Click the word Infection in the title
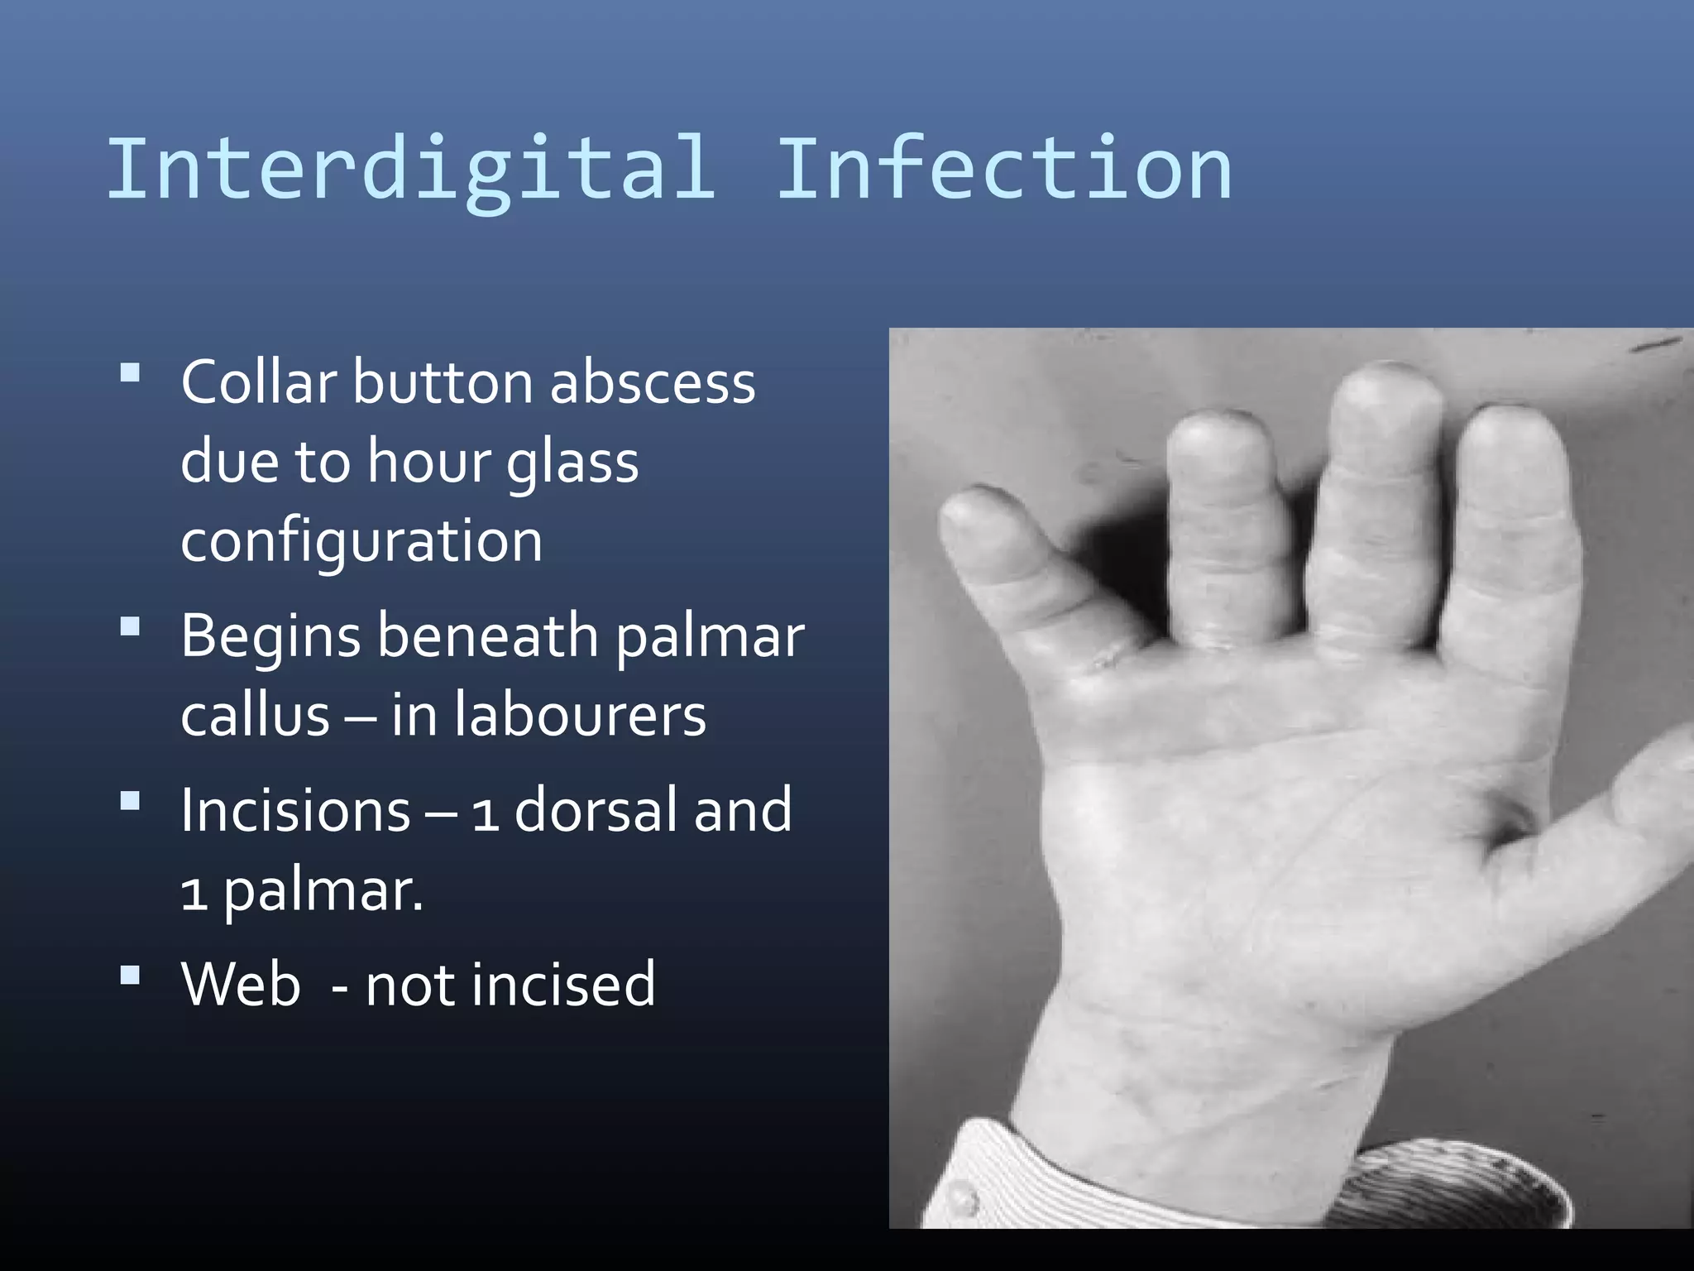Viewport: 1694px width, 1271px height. click(1003, 170)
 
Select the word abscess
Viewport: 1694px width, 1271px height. click(653, 382)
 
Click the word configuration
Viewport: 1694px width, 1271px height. click(361, 540)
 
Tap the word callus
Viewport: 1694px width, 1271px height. click(256, 715)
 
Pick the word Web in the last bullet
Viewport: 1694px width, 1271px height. click(241, 984)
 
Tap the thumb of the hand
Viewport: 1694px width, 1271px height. click(1646, 794)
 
